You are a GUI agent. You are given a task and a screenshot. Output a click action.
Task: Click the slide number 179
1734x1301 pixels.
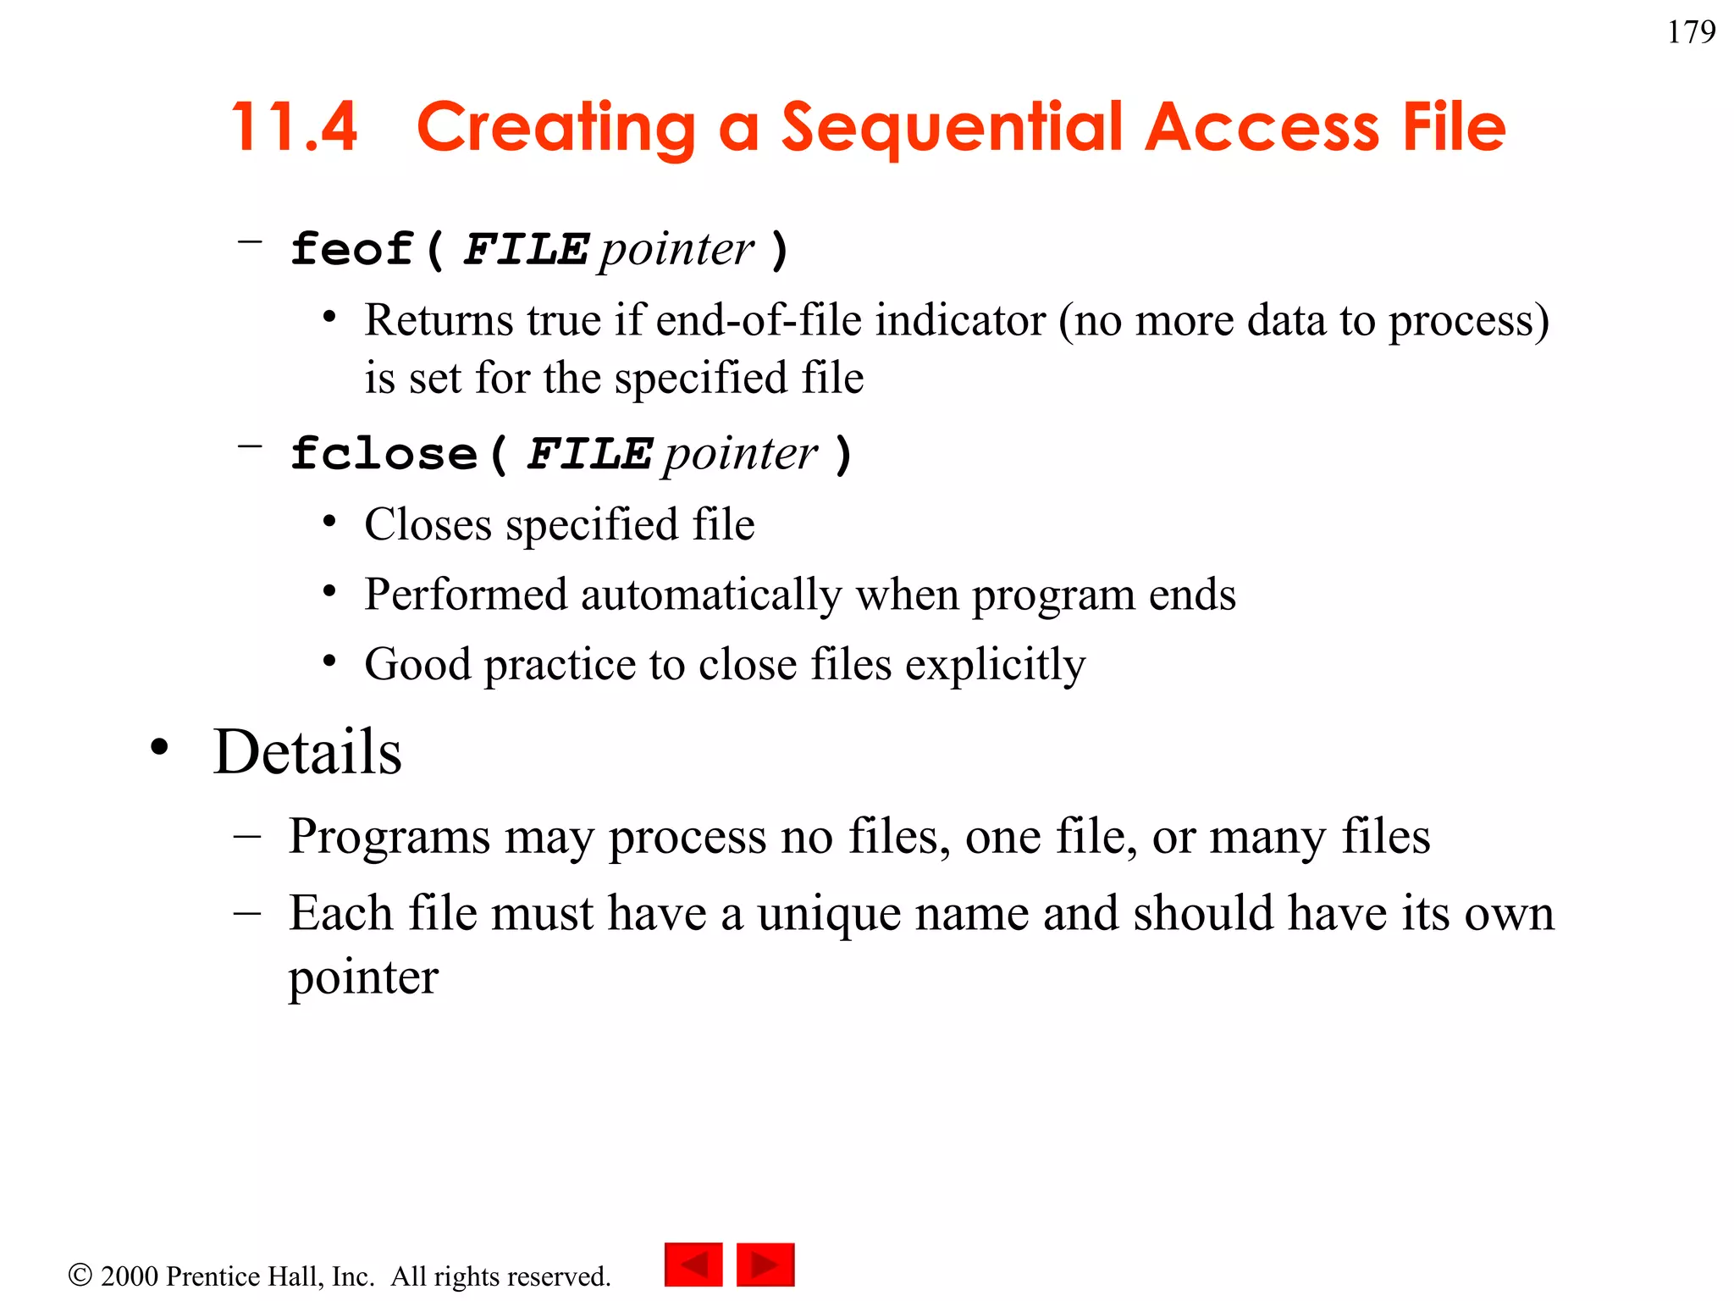(1691, 32)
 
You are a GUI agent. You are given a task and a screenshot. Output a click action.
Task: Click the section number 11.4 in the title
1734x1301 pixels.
(294, 127)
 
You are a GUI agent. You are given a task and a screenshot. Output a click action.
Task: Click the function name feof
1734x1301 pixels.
(351, 250)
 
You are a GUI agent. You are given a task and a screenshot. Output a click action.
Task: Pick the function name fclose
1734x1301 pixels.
(384, 454)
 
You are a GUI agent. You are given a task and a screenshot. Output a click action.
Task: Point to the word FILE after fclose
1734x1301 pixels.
(589, 454)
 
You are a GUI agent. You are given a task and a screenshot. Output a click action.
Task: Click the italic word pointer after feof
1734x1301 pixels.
(676, 250)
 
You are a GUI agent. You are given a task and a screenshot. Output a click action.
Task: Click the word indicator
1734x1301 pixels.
(961, 321)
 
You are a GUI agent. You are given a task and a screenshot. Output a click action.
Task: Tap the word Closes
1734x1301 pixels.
(428, 525)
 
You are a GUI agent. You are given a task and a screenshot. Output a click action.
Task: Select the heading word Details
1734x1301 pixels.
(307, 752)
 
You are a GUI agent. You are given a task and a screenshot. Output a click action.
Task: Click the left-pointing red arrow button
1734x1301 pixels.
(693, 1265)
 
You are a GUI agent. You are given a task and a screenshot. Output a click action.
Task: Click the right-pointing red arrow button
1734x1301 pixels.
(765, 1265)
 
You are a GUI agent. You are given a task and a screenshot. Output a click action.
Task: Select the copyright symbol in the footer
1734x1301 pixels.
(80, 1275)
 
